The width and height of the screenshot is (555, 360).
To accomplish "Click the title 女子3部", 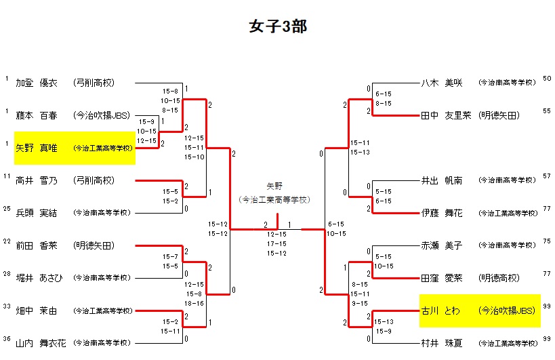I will click(x=278, y=26).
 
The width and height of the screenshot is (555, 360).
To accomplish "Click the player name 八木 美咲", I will click(x=441, y=83).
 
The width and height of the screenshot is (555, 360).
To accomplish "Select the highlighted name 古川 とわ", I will click(x=441, y=311).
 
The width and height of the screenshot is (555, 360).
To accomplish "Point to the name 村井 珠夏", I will click(x=441, y=343).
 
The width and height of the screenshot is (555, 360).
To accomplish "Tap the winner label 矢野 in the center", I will click(x=274, y=185).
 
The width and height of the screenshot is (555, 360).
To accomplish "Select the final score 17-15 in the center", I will click(x=276, y=243).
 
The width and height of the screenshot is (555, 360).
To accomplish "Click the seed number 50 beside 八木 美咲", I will click(x=547, y=79).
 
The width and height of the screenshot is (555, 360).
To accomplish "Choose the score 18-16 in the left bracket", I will click(x=194, y=304).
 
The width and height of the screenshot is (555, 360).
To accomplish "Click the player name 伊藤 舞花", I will click(x=441, y=213).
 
